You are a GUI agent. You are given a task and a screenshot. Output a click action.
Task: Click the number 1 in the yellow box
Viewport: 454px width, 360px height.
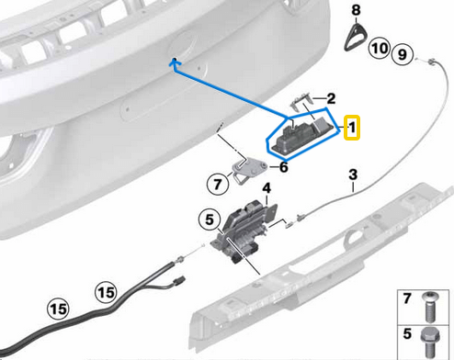click(350, 128)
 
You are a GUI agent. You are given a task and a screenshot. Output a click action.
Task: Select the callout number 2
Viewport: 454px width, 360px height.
click(331, 97)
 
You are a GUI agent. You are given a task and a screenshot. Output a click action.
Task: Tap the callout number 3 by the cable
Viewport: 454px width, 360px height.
click(352, 174)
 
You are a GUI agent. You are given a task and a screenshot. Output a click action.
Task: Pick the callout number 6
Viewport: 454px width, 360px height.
click(283, 167)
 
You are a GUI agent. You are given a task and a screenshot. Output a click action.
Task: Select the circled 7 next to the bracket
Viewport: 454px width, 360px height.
click(218, 184)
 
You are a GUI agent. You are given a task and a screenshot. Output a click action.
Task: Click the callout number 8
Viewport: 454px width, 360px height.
click(356, 9)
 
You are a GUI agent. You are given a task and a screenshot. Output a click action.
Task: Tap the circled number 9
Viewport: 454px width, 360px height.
click(399, 55)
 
